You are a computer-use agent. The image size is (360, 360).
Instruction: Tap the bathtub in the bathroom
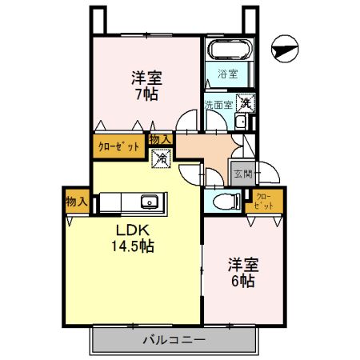tap(230, 50)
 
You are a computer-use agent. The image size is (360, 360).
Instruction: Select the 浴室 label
tap(229, 75)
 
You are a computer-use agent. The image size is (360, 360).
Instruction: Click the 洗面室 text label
tap(218, 104)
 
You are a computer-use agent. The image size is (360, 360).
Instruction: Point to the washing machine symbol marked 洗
tap(246, 102)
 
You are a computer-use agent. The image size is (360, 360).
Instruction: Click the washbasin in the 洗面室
tap(241, 122)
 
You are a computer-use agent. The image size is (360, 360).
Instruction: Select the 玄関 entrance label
tap(242, 172)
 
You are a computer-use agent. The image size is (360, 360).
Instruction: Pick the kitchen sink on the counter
tap(149, 201)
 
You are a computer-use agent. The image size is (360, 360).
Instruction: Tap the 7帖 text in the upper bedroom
tap(145, 94)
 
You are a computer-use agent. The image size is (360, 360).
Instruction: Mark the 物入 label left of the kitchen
tap(76, 201)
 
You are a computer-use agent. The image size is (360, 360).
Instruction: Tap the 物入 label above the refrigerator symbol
tap(160, 139)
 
